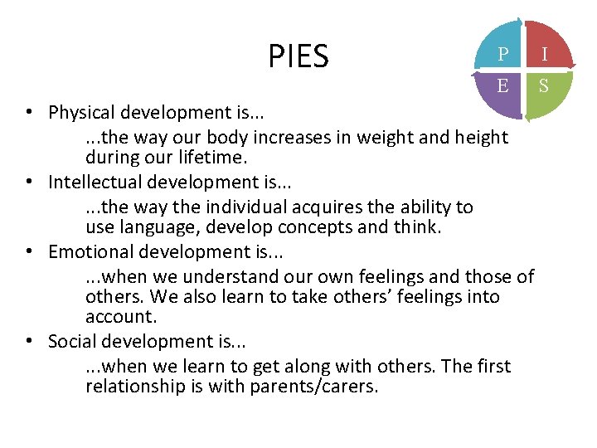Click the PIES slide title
click(298, 56)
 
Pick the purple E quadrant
click(501, 87)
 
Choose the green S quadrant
click(544, 87)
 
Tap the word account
click(120, 317)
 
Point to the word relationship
click(136, 386)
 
